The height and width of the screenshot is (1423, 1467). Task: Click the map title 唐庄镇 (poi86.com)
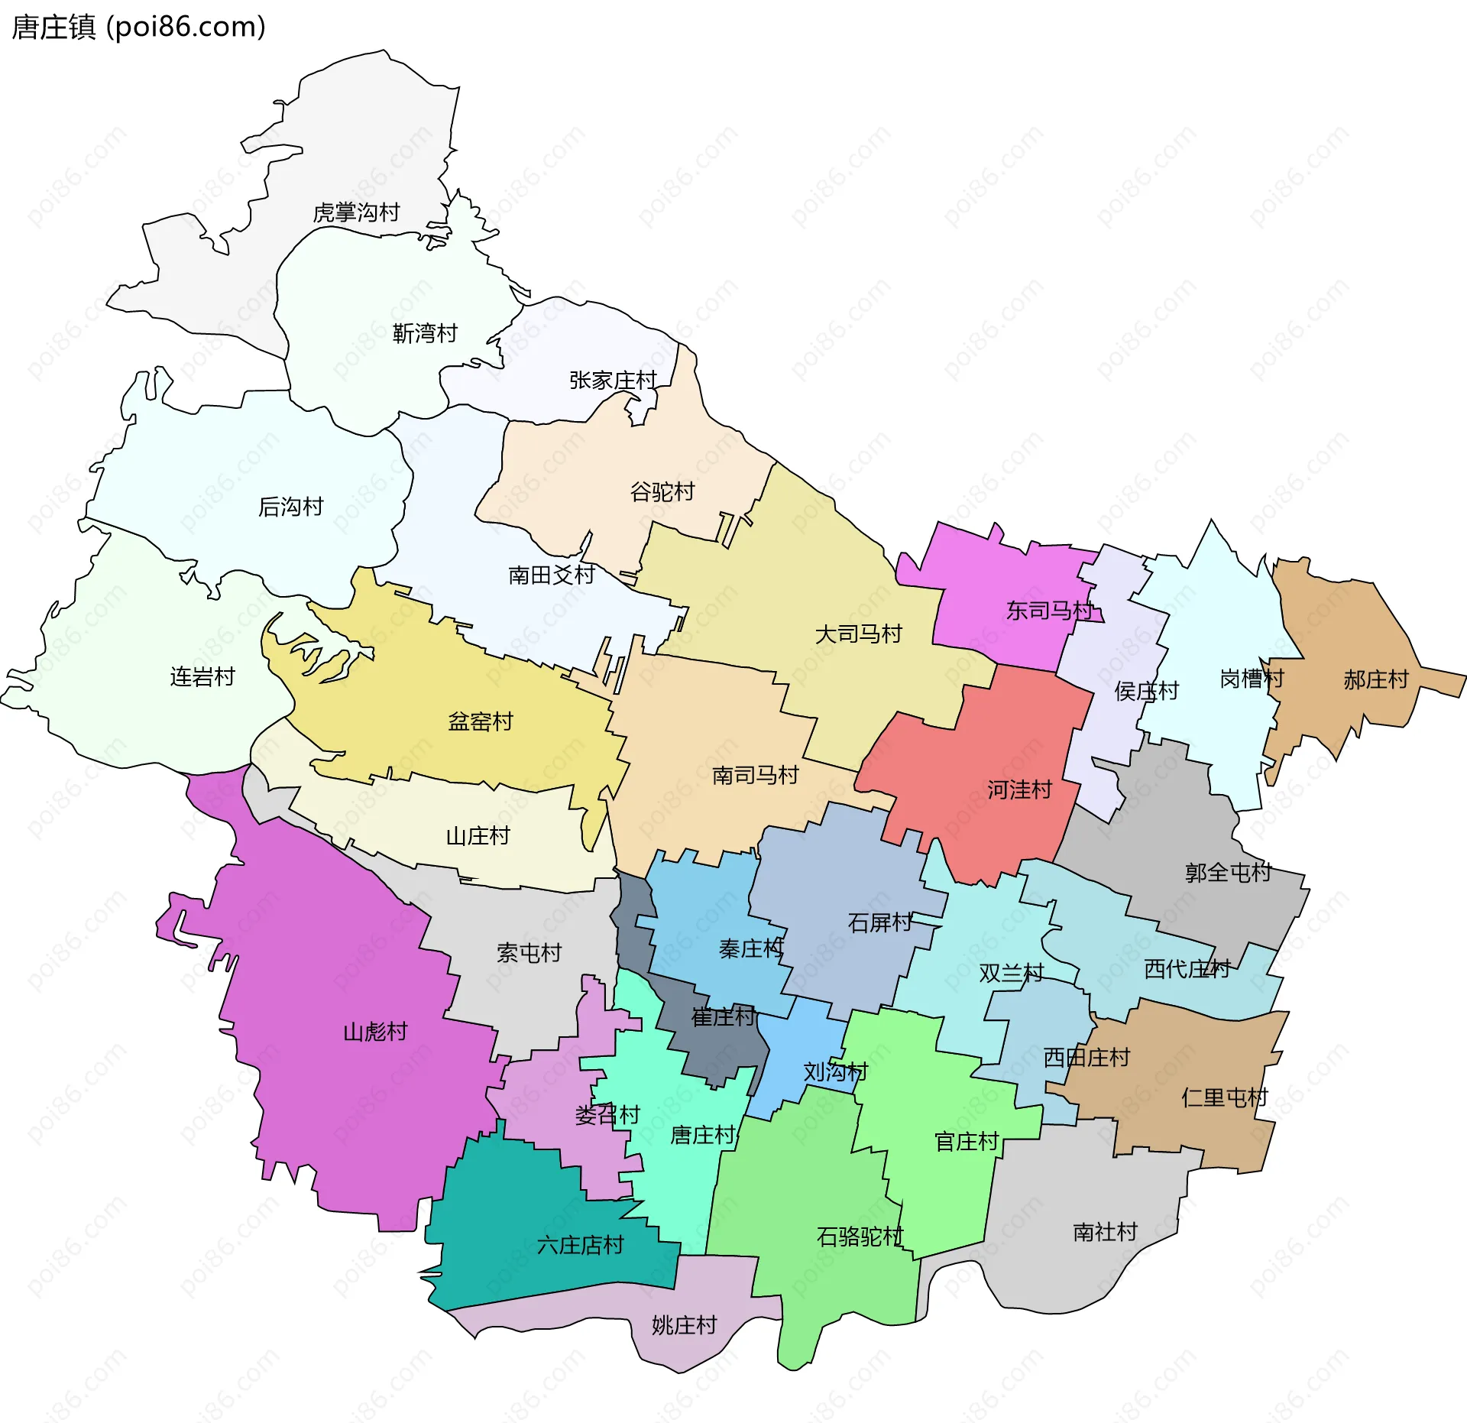tap(138, 27)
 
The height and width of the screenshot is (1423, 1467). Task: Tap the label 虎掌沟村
tap(356, 212)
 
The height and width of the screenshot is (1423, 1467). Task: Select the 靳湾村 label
tap(425, 333)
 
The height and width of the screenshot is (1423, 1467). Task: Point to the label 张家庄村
tap(613, 380)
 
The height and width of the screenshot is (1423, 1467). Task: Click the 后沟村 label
tap(291, 506)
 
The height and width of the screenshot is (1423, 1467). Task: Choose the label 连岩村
tap(202, 676)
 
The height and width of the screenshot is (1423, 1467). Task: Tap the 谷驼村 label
tap(662, 491)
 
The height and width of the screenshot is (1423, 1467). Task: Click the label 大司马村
tap(858, 634)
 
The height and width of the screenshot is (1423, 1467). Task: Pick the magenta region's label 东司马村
tap(1050, 610)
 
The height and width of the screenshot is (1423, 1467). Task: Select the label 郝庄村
tap(1375, 679)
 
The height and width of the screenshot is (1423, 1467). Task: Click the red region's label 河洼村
tap(1019, 789)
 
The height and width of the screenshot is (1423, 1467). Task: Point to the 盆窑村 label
tap(481, 721)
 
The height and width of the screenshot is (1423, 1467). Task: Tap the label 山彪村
tap(375, 1032)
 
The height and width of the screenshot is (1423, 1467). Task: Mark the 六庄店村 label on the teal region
tap(580, 1245)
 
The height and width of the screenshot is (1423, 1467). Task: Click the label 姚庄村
tap(684, 1324)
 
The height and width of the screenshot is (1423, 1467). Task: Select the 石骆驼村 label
tap(860, 1236)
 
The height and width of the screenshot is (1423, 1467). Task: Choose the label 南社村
tap(1105, 1231)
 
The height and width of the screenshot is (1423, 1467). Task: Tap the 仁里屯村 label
tap(1224, 1097)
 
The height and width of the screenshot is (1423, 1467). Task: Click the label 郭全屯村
tap(1228, 872)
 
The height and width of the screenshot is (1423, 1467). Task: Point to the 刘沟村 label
tap(835, 1071)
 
